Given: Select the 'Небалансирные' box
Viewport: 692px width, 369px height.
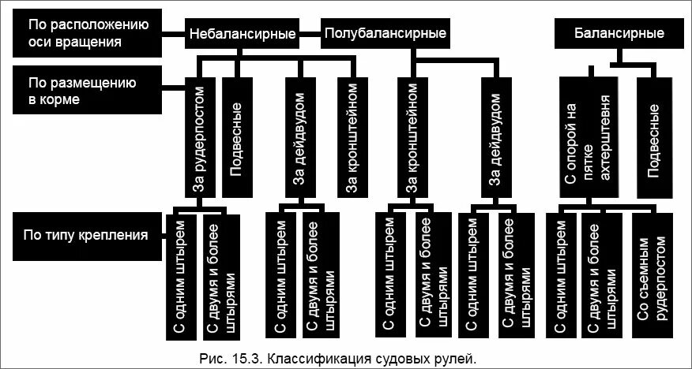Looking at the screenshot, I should tap(243, 34).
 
